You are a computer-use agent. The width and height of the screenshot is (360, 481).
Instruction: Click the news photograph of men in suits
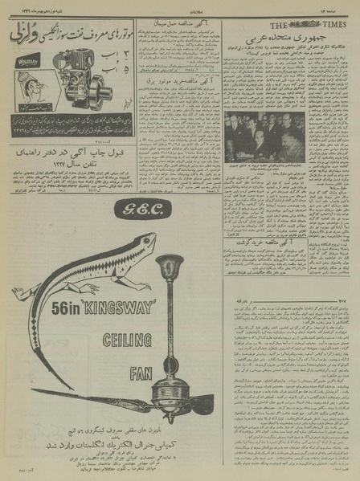click(266, 136)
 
